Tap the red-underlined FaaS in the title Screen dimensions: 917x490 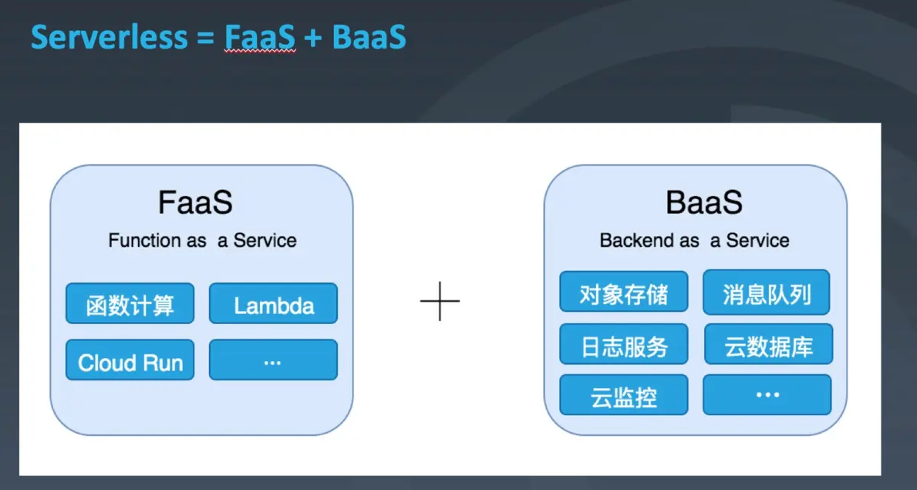260,38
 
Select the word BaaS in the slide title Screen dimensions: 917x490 369,38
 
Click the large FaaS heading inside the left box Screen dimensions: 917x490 195,202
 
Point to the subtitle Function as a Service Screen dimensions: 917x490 202,240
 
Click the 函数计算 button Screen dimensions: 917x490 130,303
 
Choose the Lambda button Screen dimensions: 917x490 273,303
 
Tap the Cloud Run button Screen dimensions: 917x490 130,360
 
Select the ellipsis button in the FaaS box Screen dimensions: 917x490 273,360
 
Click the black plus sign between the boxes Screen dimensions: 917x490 440,301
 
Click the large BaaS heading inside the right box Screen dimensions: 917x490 703,202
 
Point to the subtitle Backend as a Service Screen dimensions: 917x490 695,240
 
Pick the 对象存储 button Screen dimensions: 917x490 624,291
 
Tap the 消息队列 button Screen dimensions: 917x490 767,291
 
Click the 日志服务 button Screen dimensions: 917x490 624,343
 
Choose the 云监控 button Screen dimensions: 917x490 624,395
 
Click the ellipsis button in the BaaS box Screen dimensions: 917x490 767,395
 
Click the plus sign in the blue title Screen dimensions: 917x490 313,39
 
